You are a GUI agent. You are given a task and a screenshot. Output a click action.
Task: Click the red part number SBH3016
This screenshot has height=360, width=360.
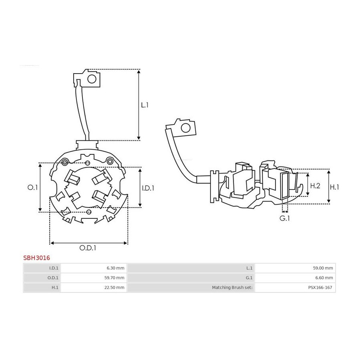click(36, 258)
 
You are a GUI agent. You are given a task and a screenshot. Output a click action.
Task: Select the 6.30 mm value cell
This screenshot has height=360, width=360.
click(94, 268)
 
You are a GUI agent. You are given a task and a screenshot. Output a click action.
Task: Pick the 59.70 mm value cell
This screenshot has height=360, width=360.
click(94, 278)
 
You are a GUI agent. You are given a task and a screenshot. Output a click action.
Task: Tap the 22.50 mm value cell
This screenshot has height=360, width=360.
click(94, 288)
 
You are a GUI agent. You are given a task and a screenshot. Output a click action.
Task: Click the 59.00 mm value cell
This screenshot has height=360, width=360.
click(295, 268)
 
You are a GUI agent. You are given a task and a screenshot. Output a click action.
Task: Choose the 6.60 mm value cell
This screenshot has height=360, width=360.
click(295, 278)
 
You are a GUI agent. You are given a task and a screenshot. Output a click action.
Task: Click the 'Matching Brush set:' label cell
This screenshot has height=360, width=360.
click(191, 288)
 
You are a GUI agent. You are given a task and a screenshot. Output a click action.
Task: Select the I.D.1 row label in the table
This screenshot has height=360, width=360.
click(42, 268)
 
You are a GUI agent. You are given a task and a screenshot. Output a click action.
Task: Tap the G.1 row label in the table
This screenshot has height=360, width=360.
click(191, 278)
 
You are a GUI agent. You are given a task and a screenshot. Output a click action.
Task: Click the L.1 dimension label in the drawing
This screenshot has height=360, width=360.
click(145, 105)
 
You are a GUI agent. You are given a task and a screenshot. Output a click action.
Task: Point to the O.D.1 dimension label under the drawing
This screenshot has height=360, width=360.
click(88, 248)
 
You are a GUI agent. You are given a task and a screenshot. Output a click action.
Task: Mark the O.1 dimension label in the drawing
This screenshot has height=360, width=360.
click(32, 188)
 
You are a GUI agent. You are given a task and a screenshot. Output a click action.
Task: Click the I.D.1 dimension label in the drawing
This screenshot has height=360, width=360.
click(148, 188)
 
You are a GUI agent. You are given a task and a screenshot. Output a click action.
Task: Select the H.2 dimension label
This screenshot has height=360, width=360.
click(315, 186)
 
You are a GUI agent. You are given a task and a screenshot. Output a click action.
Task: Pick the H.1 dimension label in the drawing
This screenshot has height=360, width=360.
click(334, 187)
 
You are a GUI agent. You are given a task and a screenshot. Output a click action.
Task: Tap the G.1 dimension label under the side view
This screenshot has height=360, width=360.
click(284, 218)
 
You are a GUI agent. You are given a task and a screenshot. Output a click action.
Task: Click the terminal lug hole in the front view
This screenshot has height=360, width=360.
click(92, 79)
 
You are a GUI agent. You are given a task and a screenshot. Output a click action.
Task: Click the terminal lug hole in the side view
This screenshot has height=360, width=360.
click(186, 128)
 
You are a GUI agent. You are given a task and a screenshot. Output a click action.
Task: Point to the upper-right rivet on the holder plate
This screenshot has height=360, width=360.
click(110, 161)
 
